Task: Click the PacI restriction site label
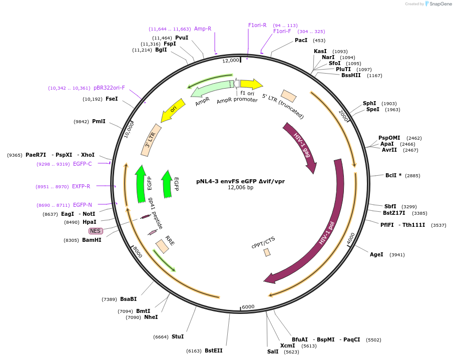point(301,40)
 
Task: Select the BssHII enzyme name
point(351,75)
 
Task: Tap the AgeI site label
point(376,254)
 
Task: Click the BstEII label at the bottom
point(213,350)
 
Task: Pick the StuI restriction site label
point(178,336)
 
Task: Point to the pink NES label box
point(96,231)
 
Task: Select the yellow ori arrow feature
point(173,110)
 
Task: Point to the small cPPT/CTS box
point(267,252)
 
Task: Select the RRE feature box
point(162,246)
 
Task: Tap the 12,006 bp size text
point(240,188)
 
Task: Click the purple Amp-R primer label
point(203,29)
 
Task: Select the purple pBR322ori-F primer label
point(109,88)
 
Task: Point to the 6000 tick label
point(248,306)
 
